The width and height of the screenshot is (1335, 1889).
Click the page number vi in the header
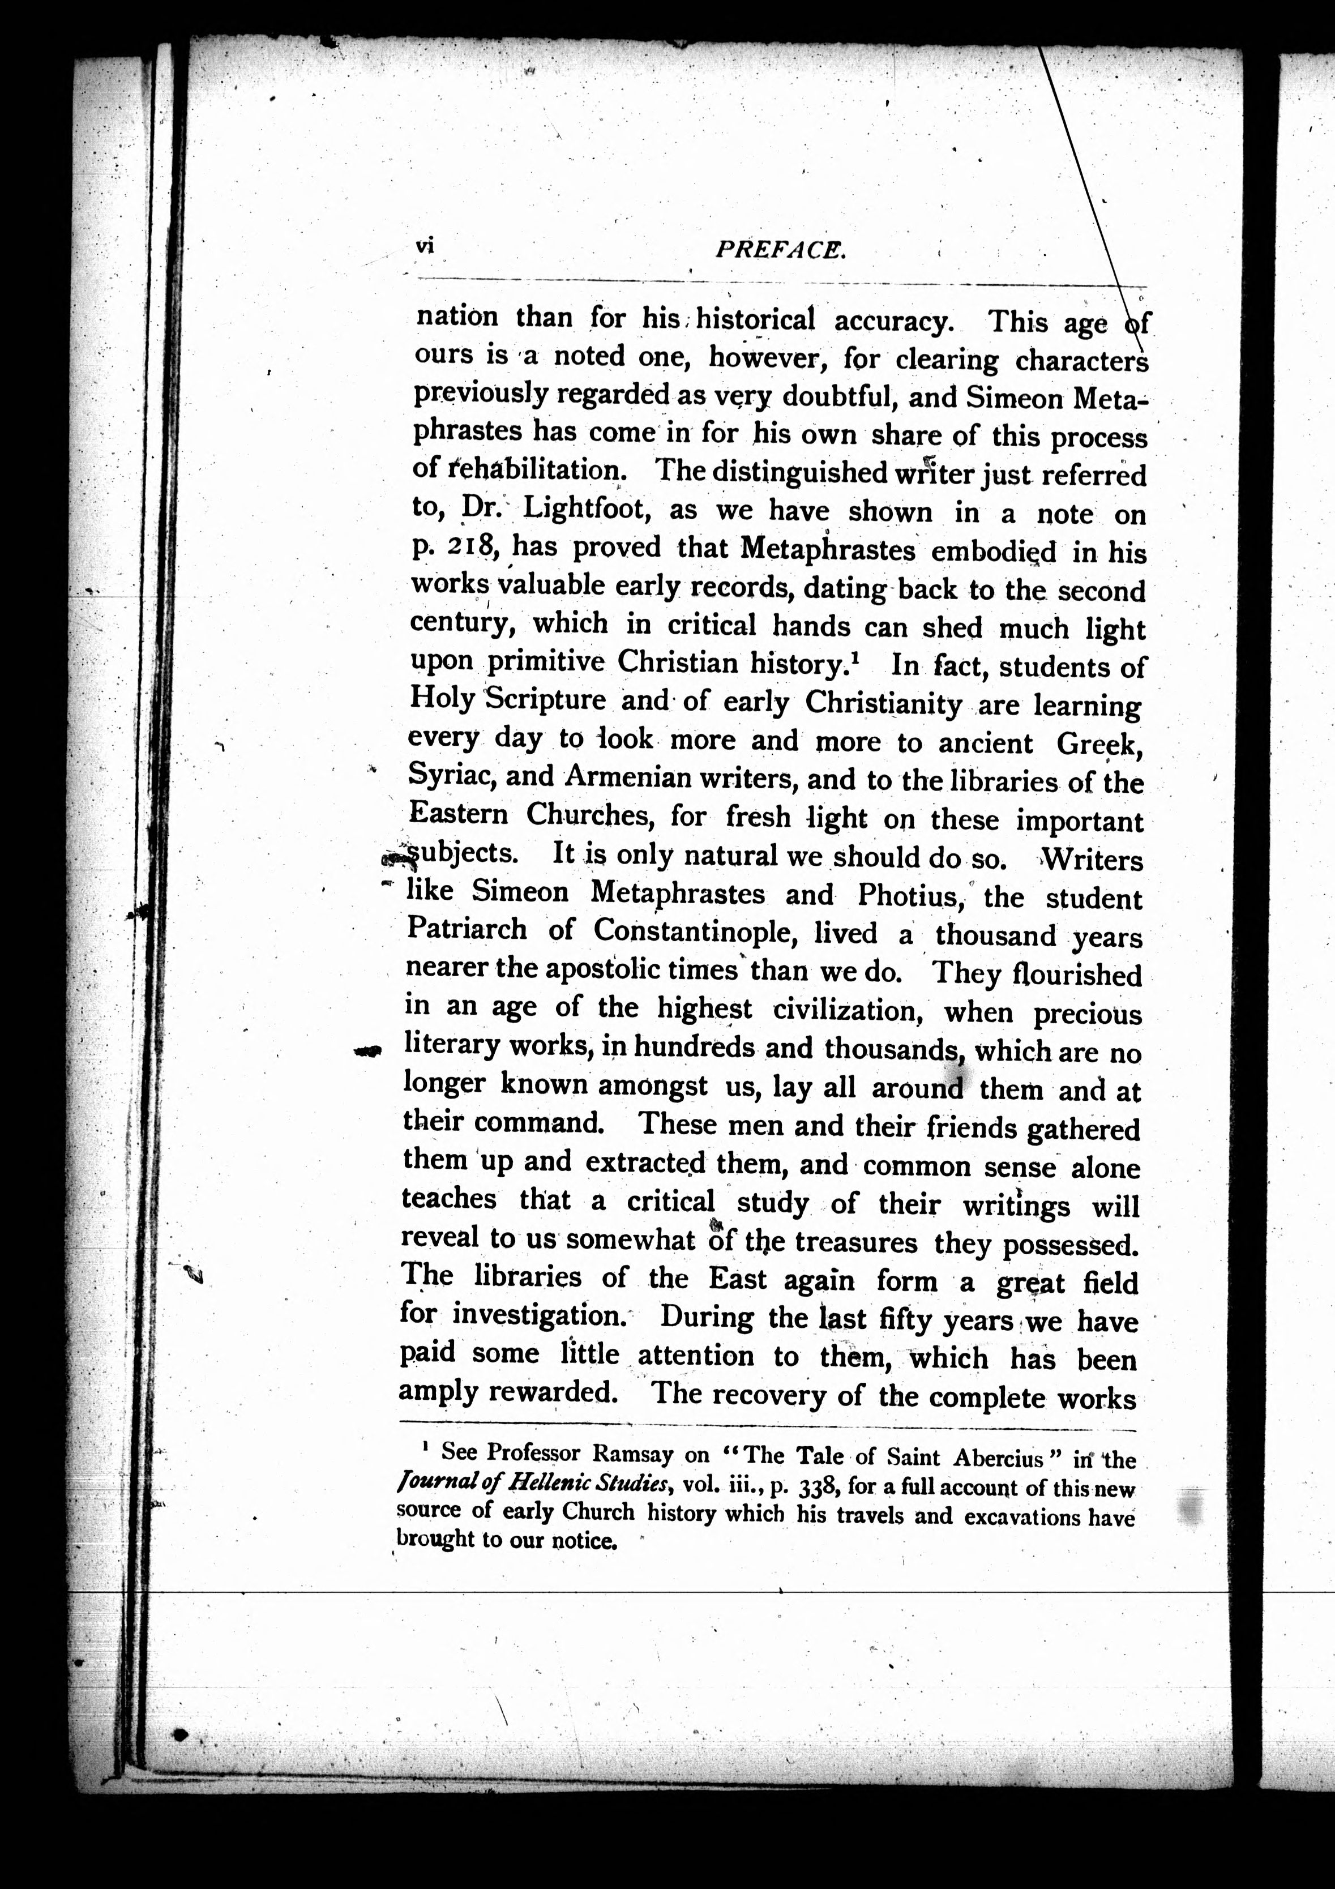425,245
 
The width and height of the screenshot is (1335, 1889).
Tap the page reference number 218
471,547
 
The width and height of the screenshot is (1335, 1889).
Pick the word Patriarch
467,929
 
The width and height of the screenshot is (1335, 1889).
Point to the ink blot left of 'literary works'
369,1050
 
